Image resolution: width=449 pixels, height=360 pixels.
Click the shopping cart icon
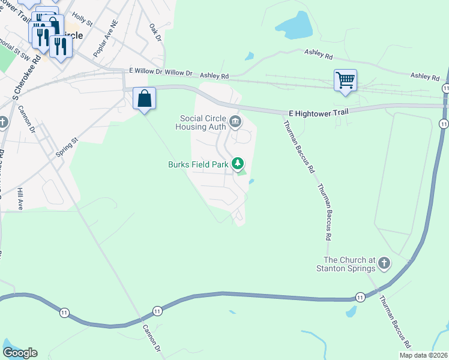[345, 80]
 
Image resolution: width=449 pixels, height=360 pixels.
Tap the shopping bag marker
[145, 98]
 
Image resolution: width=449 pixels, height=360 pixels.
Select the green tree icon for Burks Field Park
[238, 163]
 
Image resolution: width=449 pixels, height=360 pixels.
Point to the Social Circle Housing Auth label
[200, 122]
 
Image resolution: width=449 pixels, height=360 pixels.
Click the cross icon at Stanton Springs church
[384, 263]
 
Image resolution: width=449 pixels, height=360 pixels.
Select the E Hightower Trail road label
[318, 112]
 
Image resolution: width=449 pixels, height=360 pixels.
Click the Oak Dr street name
[155, 33]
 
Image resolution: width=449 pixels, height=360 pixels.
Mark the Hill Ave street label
[20, 198]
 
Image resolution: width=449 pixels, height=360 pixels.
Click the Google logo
[20, 353]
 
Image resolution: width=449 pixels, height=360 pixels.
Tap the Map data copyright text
[423, 355]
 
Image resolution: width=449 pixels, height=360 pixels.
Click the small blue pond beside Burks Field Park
[251, 182]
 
